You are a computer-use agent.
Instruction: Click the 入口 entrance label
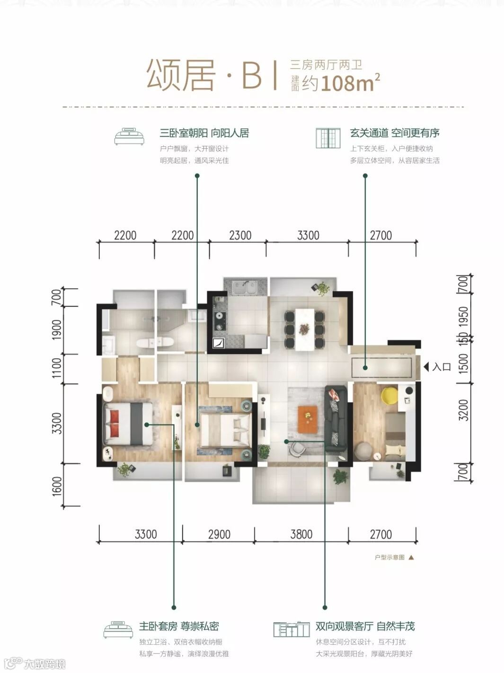point(441,367)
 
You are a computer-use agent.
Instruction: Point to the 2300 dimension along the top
point(240,235)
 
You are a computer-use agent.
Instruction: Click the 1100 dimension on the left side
point(57,368)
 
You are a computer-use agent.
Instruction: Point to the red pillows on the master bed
point(114,418)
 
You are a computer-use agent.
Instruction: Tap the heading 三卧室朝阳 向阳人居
point(204,133)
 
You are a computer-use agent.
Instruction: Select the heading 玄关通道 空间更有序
point(395,133)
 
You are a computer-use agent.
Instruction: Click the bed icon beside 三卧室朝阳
point(129,136)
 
